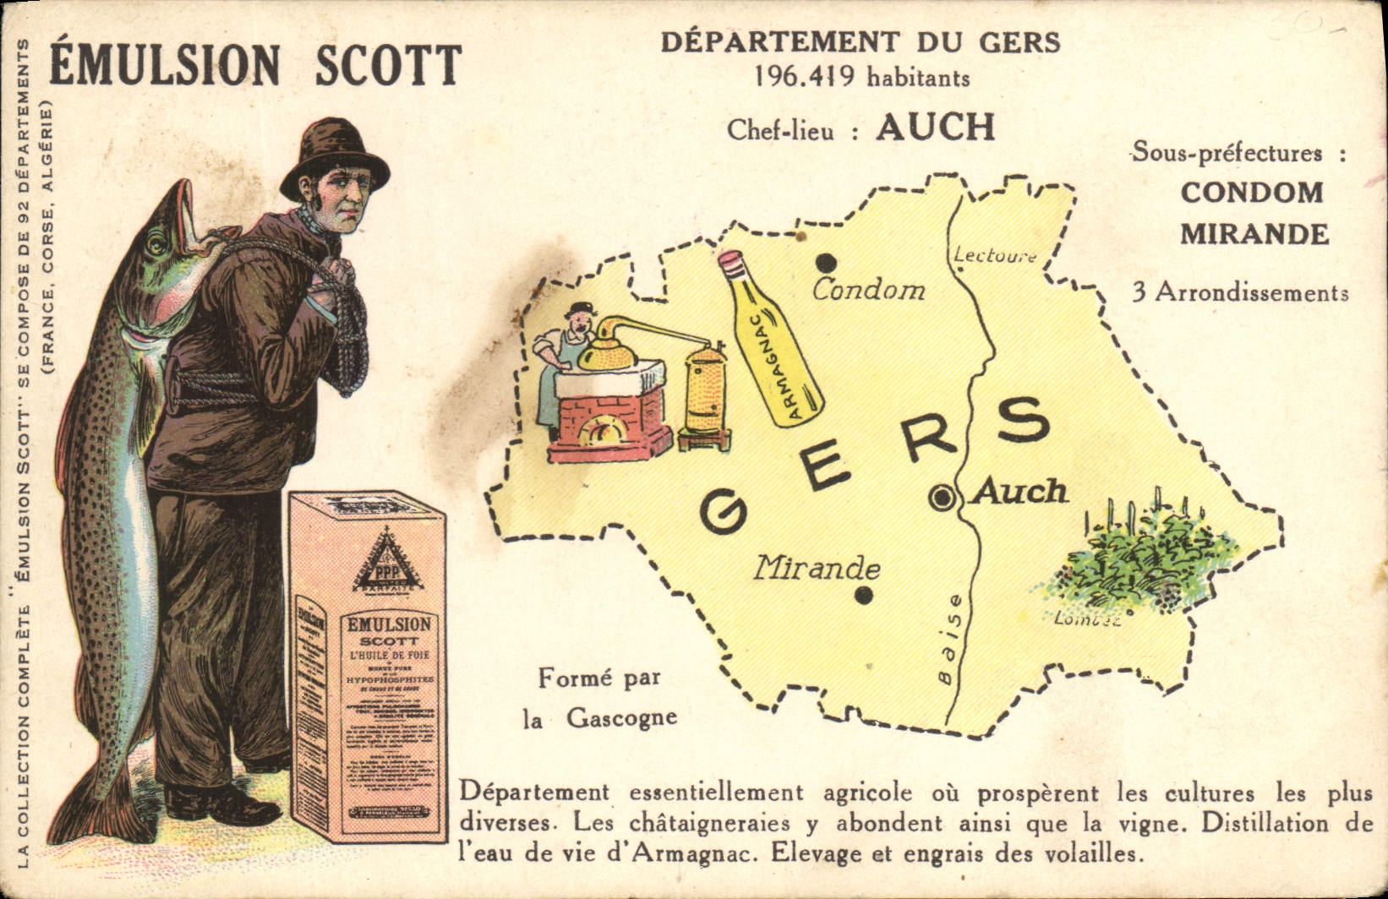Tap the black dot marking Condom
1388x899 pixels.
[x=827, y=263]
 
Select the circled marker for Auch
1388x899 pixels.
[x=941, y=499]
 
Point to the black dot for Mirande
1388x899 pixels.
[x=863, y=596]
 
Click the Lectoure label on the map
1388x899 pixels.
[x=995, y=254]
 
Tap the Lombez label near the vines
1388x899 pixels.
[x=1087, y=619]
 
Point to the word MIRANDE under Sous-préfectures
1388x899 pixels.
[x=1254, y=234]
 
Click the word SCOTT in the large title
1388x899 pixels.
[x=389, y=66]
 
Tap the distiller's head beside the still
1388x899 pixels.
[x=580, y=319]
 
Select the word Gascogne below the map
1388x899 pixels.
[x=621, y=718]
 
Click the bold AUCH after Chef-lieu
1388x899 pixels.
[x=935, y=128]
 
